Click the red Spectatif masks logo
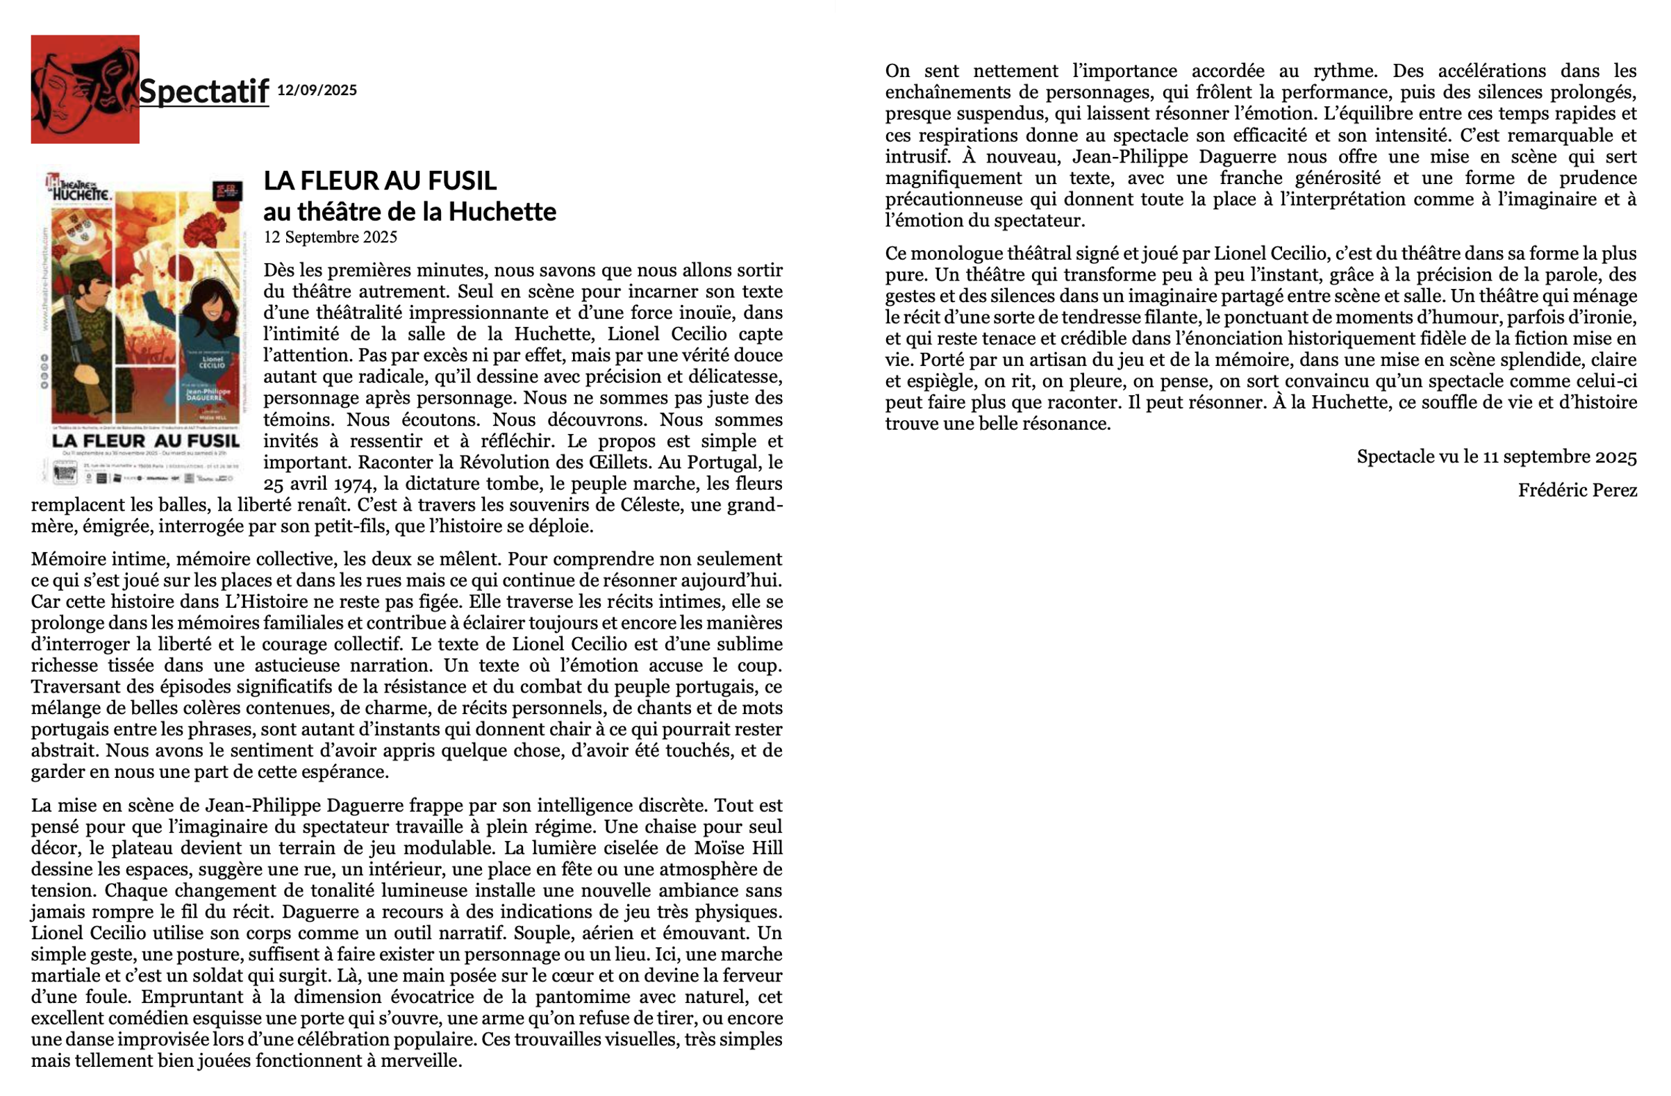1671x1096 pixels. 84,89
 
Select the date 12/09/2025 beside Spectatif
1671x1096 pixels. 317,90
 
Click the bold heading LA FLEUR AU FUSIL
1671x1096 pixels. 380,181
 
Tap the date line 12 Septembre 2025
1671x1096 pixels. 330,238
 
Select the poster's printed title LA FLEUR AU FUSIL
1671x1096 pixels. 145,442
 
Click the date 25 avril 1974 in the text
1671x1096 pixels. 307,485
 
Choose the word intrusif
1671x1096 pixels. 915,156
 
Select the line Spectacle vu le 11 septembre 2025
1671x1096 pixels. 1496,457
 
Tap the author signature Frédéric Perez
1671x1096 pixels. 1577,490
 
